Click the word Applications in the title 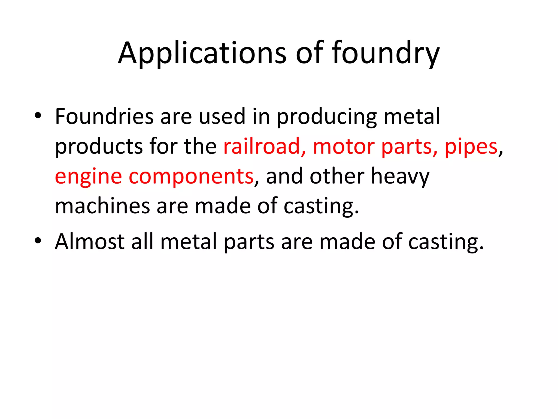[202, 53]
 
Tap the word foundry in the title [385, 53]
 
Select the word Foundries [104, 116]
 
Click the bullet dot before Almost [38, 240]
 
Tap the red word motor [344, 146]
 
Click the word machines [102, 206]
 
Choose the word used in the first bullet [222, 116]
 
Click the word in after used [261, 116]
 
